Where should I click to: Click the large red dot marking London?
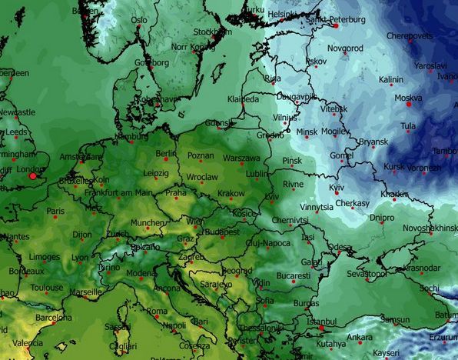point(32,176)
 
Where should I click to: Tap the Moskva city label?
point(407,98)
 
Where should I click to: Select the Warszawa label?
point(241,158)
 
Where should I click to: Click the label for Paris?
point(55,211)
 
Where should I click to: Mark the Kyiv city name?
point(337,188)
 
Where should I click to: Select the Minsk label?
point(306,132)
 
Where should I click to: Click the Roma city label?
point(157,312)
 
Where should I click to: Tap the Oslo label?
point(139,21)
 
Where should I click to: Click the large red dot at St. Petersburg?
point(336,25)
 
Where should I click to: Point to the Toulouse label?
point(47,288)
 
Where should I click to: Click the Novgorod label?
point(344,48)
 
